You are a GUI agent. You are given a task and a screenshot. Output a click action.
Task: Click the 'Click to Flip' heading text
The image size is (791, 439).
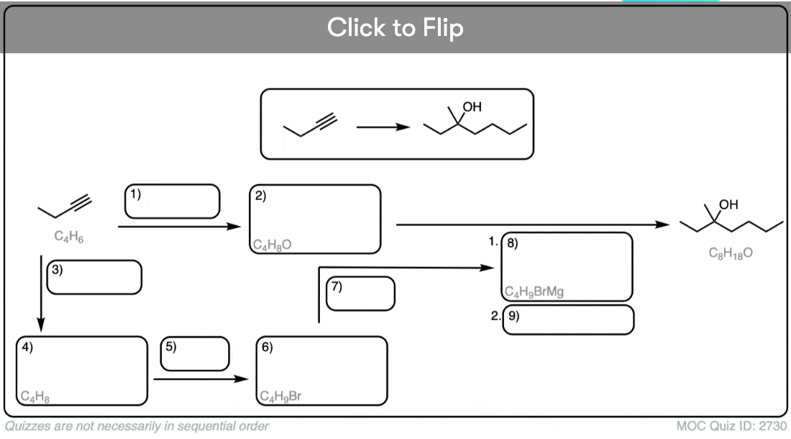pos(395,27)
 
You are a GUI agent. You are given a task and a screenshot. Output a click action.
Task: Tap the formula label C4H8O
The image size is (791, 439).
pos(272,245)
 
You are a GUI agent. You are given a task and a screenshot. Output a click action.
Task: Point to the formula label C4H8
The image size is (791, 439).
pos(35,397)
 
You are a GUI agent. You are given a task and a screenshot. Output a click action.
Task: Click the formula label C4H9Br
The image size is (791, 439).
pos(280,396)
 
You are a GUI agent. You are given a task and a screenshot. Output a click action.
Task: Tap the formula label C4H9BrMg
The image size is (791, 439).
pos(534,291)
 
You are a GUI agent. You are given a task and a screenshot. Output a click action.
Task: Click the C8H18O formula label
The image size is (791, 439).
pos(731,253)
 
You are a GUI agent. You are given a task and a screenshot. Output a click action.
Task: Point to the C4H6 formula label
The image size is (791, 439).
pos(68,235)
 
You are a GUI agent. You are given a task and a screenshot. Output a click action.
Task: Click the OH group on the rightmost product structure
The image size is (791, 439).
pos(728,204)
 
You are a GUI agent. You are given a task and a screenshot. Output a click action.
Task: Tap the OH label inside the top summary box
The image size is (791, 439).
pos(472,107)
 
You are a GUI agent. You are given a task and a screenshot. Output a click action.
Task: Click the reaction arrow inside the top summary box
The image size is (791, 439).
pos(383,127)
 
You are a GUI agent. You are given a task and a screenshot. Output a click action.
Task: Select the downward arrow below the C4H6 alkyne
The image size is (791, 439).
pos(42,294)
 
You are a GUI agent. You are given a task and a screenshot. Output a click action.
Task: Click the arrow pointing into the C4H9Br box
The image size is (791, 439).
pos(201,379)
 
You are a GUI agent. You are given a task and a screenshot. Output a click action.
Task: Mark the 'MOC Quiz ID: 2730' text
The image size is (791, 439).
pos(731,426)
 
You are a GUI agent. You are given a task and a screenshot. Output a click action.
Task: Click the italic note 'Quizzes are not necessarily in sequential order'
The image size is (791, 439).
pos(137,426)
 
